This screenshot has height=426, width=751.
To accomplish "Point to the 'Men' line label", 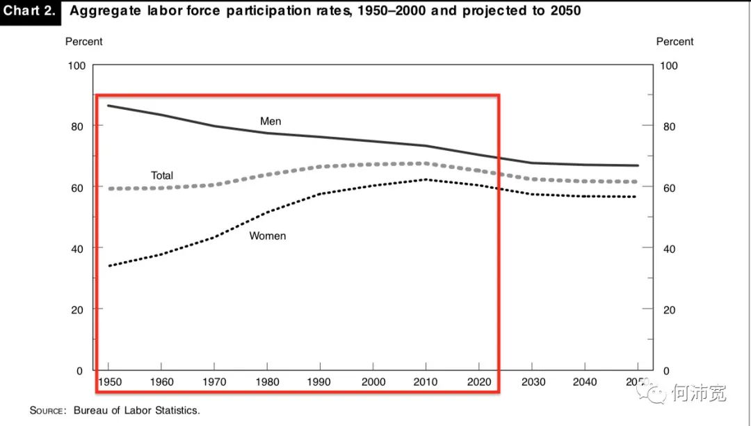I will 270,122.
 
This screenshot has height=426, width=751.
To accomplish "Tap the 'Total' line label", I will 162,176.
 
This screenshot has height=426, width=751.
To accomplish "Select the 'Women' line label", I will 268,236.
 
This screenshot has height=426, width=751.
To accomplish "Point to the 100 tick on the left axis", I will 75,65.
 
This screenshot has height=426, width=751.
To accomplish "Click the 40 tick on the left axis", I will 78,248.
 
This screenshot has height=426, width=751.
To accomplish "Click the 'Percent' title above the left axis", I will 83,42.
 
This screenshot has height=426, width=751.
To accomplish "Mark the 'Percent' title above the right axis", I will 675,42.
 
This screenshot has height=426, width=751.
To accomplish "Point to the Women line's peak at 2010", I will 426,179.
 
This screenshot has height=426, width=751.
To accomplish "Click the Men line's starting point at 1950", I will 109,106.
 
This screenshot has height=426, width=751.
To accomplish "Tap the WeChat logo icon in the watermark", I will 654,393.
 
